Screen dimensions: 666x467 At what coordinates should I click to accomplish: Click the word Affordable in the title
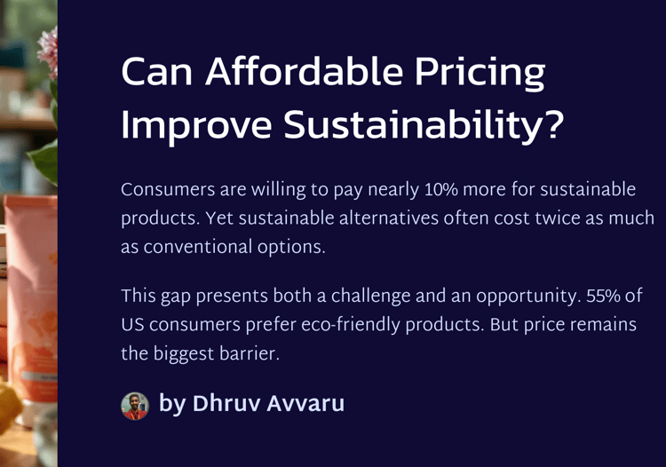(304, 71)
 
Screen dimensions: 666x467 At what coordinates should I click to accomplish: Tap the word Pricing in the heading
(480, 74)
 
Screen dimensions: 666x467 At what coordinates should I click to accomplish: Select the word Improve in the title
(196, 126)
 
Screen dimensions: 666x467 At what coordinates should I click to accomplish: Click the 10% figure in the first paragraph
(441, 189)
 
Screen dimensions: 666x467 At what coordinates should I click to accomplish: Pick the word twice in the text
(556, 218)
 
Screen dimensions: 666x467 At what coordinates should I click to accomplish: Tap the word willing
(279, 190)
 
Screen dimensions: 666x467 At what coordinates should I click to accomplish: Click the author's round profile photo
(135, 406)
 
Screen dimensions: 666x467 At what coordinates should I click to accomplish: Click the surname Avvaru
(305, 403)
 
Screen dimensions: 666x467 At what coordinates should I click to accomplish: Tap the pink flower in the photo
(48, 53)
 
